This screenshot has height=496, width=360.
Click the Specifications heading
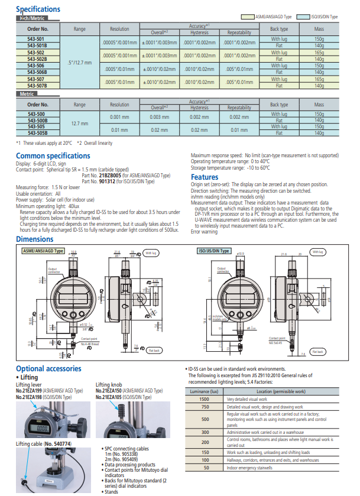coord(38,9)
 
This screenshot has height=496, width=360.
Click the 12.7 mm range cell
coord(80,124)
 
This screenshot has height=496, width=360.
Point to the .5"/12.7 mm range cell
coord(80,62)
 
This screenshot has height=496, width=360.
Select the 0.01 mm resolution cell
coord(119,129)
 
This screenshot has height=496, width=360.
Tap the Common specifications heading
coord(53,155)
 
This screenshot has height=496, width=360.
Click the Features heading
coord(205,177)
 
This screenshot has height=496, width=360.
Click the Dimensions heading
coord(35,239)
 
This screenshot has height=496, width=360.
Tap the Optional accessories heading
coord(48,368)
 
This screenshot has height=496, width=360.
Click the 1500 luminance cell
coord(205,399)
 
